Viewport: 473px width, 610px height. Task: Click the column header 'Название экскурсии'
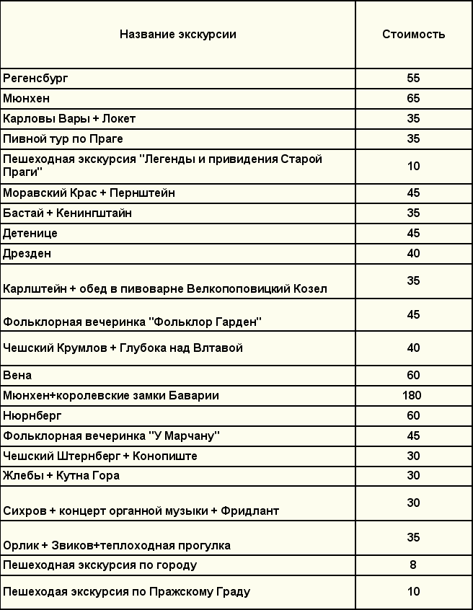[x=177, y=34]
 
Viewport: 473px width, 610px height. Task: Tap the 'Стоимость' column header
[x=413, y=34]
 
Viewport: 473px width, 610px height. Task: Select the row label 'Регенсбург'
[x=35, y=78]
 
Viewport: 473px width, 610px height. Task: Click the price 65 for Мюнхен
[x=413, y=98]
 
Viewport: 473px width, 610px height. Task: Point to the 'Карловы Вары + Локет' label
[x=69, y=118]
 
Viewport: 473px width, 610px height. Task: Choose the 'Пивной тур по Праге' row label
[x=63, y=138]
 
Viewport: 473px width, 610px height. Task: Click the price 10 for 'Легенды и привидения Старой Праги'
[x=413, y=166]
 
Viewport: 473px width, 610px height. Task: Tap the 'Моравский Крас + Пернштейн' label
[x=89, y=193]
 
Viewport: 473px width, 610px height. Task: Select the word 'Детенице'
[x=30, y=234]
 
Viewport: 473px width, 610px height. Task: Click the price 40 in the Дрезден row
[x=413, y=254]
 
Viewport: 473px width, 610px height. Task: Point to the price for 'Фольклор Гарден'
[x=413, y=315]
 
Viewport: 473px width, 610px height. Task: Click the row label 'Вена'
[x=17, y=376]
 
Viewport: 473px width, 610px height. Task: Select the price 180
[x=413, y=395]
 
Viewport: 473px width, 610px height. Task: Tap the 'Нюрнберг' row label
[x=32, y=416]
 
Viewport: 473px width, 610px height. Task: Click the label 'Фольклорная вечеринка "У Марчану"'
[x=111, y=436]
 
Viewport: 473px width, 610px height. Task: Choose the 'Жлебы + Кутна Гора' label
[x=61, y=476]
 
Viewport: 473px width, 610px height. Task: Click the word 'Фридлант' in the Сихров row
[x=250, y=511]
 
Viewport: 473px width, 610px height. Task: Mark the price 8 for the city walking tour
[x=413, y=565]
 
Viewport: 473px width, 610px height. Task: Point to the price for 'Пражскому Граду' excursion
[x=413, y=592]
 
